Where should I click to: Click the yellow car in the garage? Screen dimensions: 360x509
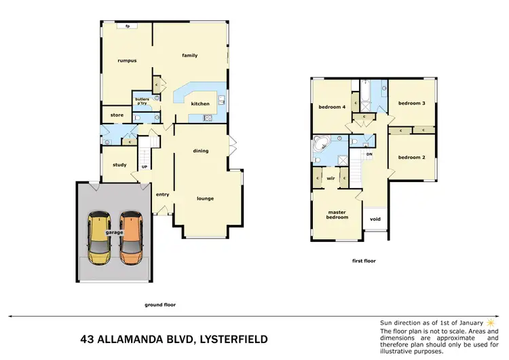pyautogui.click(x=100, y=238)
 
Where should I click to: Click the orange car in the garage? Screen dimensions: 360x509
pyautogui.click(x=131, y=238)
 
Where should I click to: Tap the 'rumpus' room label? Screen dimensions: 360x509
pyautogui.click(x=127, y=60)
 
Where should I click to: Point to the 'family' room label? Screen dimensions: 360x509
pyautogui.click(x=189, y=55)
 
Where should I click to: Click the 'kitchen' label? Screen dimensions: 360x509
pyautogui.click(x=200, y=104)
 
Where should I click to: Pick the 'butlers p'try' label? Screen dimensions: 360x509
pyautogui.click(x=143, y=101)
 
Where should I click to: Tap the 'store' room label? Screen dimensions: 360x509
pyautogui.click(x=117, y=115)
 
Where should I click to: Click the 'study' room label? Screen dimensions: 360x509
pyautogui.click(x=119, y=164)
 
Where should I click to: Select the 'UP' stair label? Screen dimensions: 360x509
pyautogui.click(x=144, y=167)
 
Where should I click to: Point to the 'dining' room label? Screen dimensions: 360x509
pyautogui.click(x=200, y=151)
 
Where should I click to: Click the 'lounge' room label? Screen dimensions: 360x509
pyautogui.click(x=205, y=198)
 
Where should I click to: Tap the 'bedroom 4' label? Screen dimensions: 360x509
pyautogui.click(x=332, y=107)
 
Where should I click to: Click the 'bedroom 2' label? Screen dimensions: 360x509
pyautogui.click(x=411, y=157)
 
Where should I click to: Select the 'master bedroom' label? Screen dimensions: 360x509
pyautogui.click(x=337, y=214)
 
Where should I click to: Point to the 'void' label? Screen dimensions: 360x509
pyautogui.click(x=375, y=220)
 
